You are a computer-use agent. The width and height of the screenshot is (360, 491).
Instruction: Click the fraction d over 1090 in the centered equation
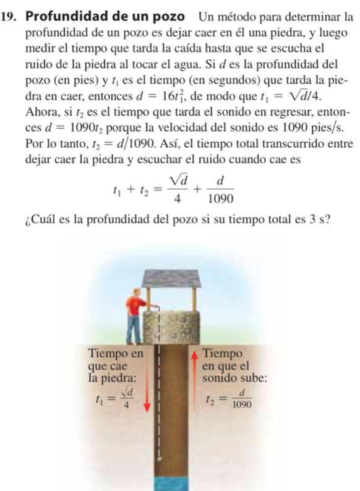[223, 186]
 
